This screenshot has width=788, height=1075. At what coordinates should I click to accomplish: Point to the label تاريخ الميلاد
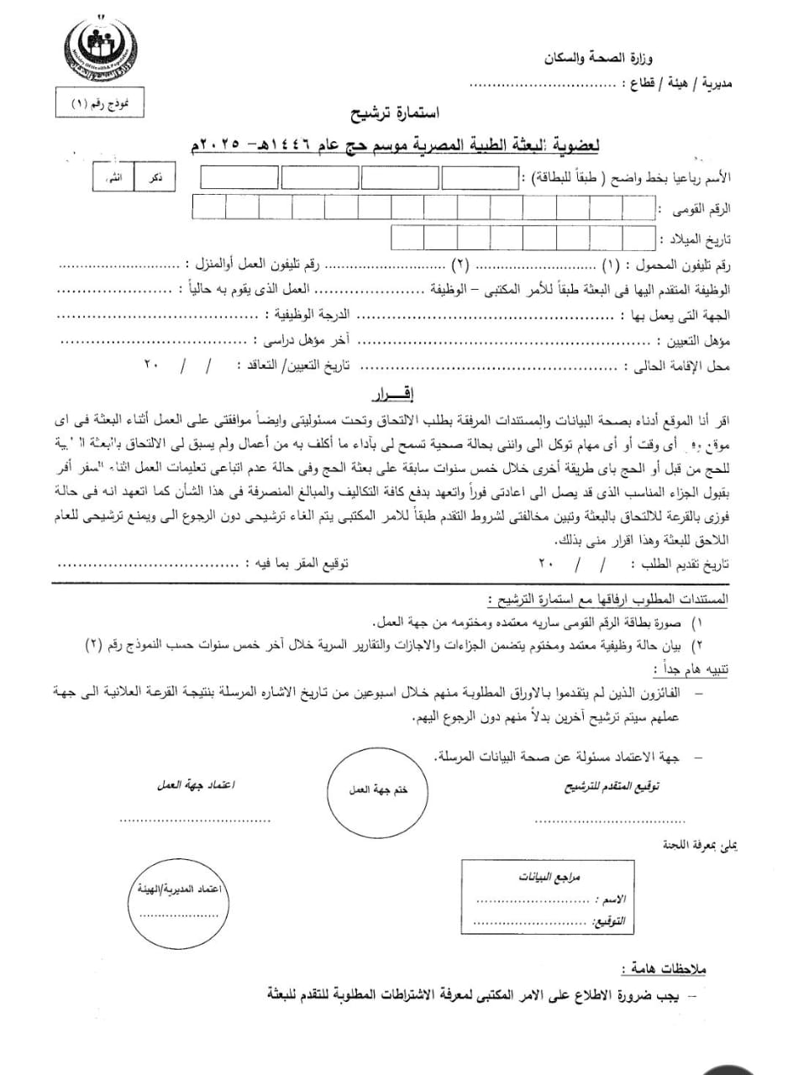tap(696, 239)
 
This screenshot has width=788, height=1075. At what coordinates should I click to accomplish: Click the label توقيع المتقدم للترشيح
tap(610, 787)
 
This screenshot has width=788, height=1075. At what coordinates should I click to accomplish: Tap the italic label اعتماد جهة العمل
tap(197, 786)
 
